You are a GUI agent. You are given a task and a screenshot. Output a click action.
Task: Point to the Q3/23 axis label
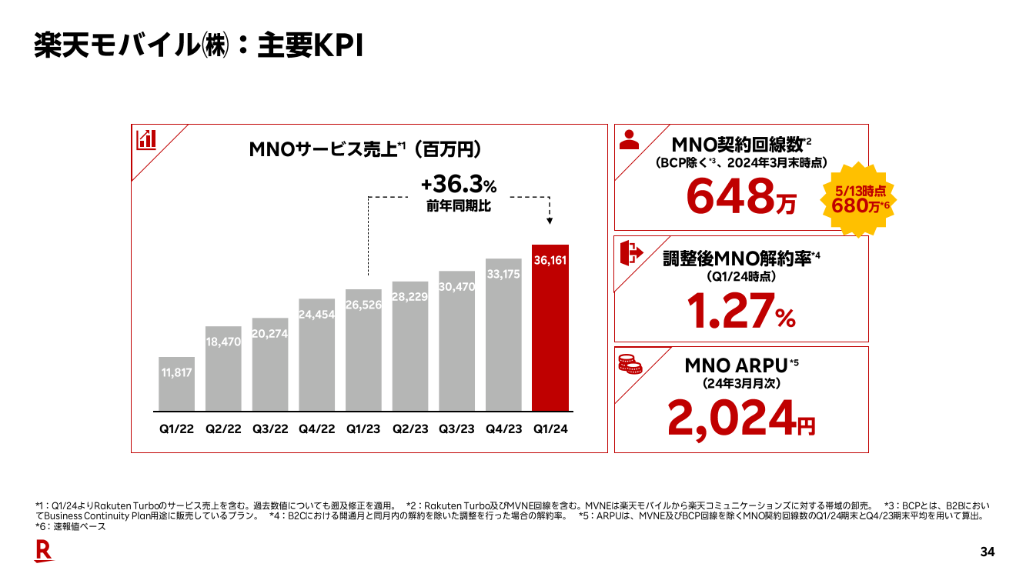point(456,429)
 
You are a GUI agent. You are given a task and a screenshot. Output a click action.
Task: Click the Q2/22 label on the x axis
point(223,429)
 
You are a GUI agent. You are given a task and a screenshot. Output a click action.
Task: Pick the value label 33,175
point(504,273)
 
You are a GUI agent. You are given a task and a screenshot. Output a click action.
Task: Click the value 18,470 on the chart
point(223,341)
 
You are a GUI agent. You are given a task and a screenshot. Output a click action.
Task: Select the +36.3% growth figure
point(459,185)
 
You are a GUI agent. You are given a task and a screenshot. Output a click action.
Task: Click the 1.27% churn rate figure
point(740,311)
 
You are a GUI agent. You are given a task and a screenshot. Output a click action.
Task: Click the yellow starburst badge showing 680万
point(859,198)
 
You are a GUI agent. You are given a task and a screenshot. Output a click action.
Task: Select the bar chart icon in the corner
point(146,139)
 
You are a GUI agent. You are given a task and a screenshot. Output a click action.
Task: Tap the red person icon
point(630,139)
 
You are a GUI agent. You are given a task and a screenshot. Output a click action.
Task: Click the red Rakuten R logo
point(44,551)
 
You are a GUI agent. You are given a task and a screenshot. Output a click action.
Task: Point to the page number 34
point(988,552)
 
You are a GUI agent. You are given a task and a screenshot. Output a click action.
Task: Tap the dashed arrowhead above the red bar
point(549,221)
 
